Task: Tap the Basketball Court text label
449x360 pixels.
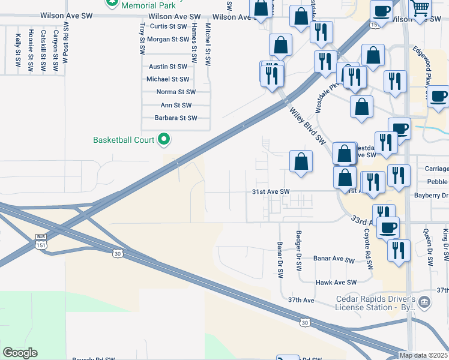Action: (124, 140)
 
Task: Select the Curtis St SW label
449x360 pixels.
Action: (167, 26)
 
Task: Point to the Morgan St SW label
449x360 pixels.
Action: (168, 40)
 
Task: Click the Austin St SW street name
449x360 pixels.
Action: (168, 67)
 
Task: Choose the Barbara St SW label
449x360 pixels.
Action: (175, 118)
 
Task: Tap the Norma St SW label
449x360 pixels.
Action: (175, 92)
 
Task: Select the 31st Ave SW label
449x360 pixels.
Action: (270, 192)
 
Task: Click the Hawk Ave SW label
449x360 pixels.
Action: (336, 282)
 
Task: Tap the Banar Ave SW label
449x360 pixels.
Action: (334, 260)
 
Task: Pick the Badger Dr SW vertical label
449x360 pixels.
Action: (298, 251)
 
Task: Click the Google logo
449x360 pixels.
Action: (20, 353)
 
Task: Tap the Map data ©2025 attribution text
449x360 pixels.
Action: (424, 355)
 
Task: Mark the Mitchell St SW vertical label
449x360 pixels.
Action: (207, 45)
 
